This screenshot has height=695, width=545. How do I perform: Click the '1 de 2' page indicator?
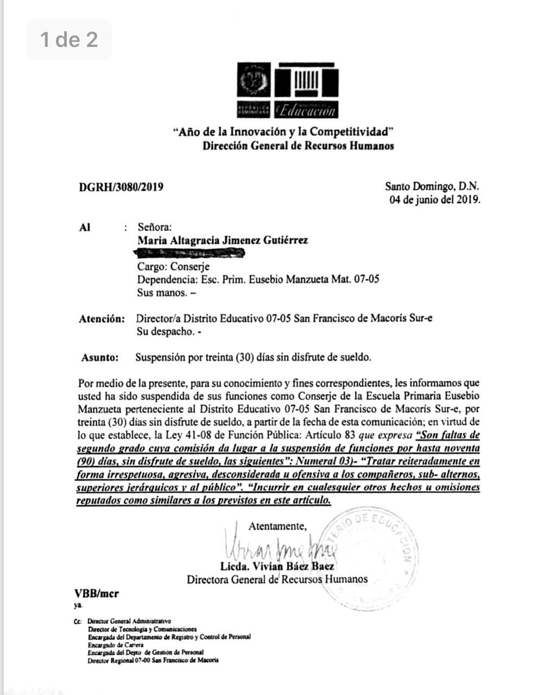69,39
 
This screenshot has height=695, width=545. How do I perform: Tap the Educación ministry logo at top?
288,91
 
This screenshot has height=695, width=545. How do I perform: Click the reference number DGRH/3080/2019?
121,187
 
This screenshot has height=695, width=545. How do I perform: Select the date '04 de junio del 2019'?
435,199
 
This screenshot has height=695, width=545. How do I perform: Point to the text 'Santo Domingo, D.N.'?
432,186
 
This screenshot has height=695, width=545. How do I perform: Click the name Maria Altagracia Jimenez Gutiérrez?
223,240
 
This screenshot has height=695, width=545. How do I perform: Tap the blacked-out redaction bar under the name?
189,253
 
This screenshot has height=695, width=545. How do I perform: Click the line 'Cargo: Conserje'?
173,267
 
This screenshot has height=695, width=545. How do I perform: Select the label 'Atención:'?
102,319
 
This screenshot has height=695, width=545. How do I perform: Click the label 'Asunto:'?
100,357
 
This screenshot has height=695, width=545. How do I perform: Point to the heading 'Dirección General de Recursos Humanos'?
298,146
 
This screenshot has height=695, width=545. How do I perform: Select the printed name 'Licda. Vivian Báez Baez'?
277,566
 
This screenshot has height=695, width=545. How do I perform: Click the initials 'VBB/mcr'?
96,593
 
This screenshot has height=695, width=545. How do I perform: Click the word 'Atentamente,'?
277,526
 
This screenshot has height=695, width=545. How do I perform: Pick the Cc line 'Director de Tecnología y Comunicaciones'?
142,629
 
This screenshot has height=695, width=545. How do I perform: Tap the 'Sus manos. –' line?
167,293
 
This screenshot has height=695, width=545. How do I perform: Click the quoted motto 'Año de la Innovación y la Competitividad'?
282,132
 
